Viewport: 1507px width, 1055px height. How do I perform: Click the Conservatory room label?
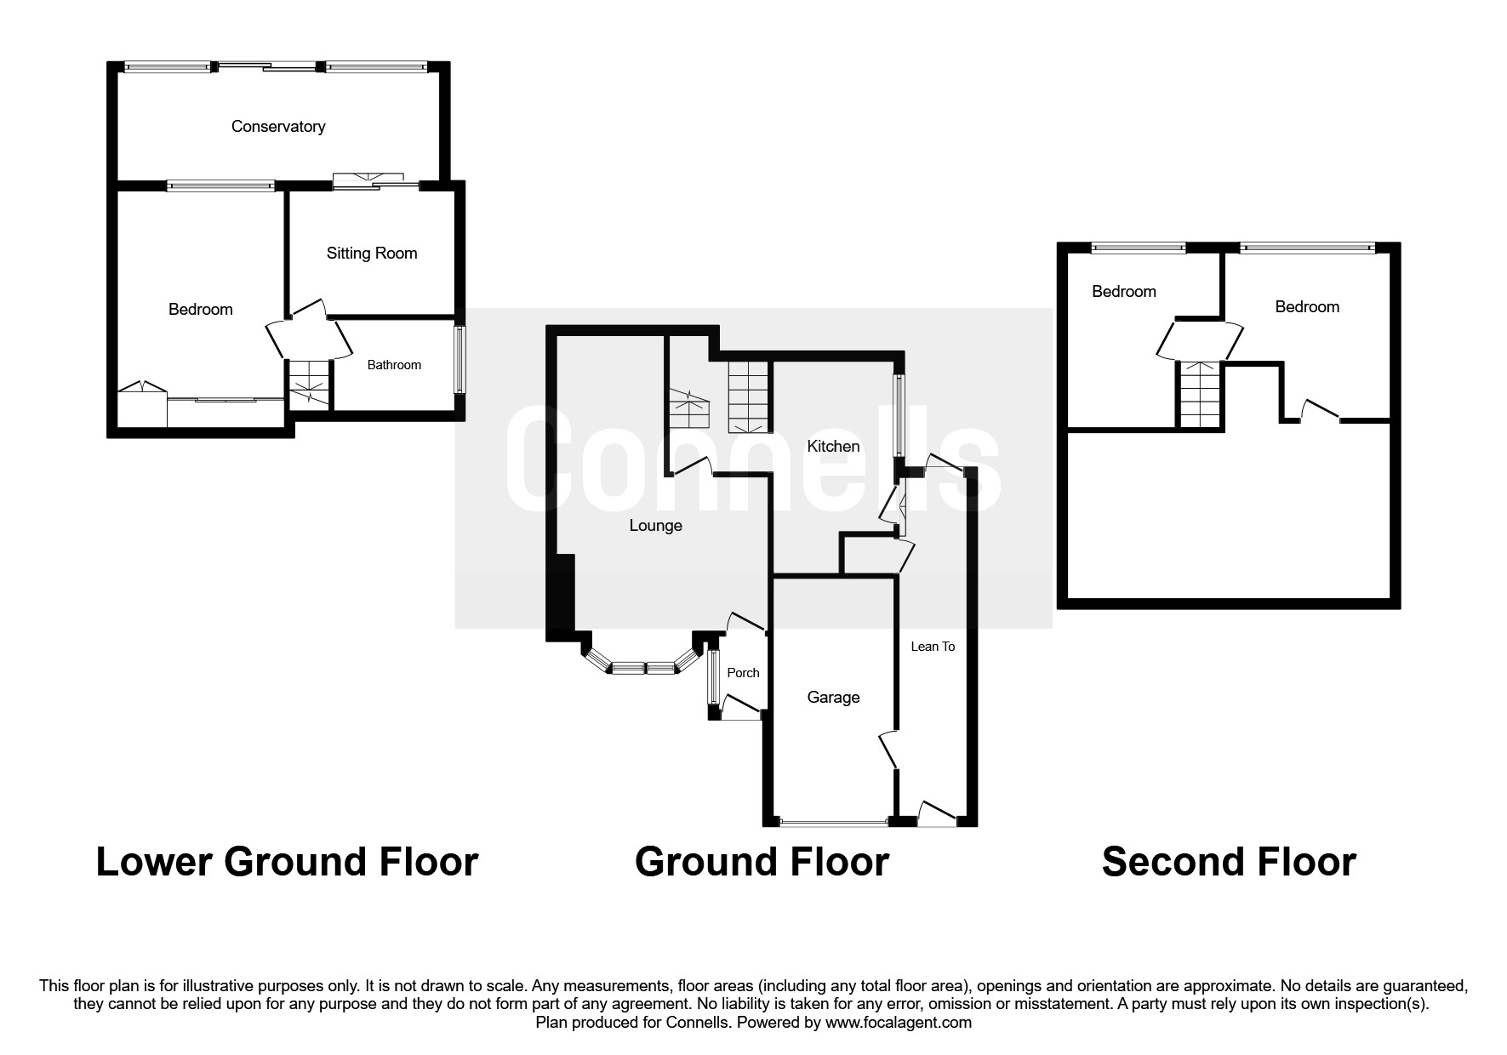tap(278, 127)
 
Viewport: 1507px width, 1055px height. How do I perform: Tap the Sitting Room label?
tap(372, 254)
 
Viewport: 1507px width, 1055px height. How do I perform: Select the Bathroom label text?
tap(394, 365)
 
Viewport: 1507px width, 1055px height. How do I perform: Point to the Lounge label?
tap(655, 526)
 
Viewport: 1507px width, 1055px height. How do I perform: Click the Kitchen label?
tap(833, 447)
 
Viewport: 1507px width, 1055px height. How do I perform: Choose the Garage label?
tap(833, 698)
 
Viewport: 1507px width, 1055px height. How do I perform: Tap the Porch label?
tap(743, 673)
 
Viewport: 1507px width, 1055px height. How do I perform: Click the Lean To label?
tap(933, 647)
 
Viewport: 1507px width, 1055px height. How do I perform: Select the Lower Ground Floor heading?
tap(287, 862)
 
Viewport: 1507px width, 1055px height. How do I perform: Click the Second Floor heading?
tap(1228, 862)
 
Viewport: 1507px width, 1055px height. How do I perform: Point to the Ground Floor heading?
tap(762, 862)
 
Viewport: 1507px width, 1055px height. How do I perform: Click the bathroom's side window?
tap(460, 361)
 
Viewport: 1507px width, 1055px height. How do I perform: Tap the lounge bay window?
tap(642, 668)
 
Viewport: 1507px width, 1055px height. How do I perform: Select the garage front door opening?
tap(834, 823)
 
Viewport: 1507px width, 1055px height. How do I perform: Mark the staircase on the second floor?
tap(1200, 395)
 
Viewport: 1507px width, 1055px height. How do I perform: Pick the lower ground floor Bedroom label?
tap(200, 310)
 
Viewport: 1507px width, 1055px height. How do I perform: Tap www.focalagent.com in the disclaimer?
tap(898, 1023)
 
